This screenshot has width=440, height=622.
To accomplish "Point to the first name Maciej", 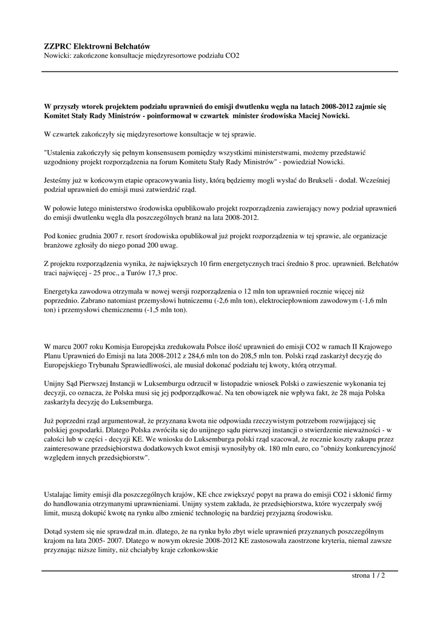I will pyautogui.click(x=311, y=115).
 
